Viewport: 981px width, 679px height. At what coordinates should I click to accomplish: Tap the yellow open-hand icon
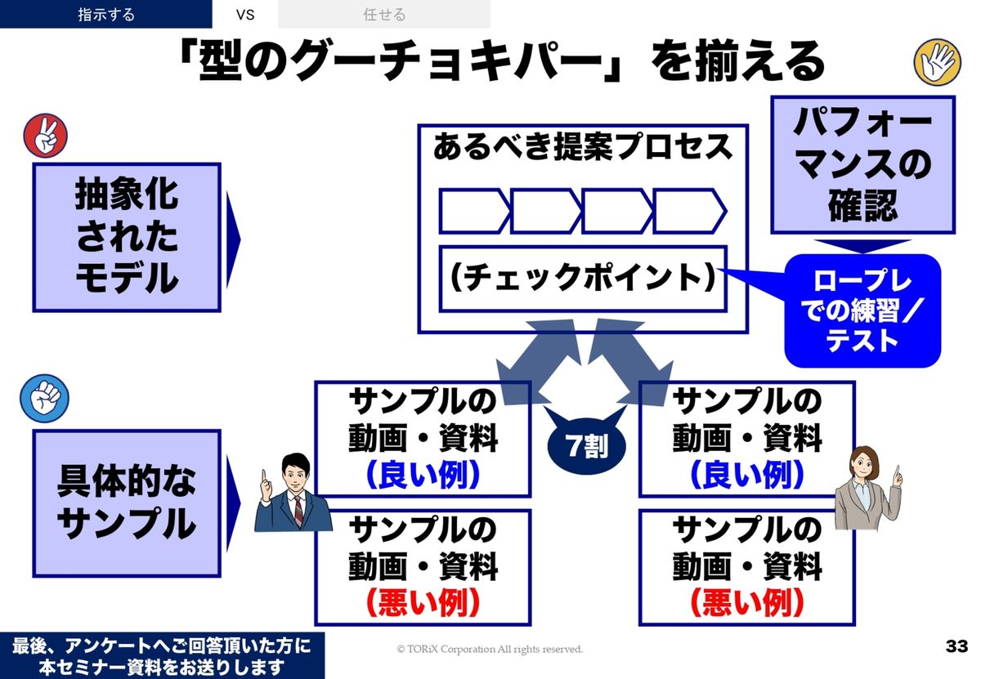pos(937,62)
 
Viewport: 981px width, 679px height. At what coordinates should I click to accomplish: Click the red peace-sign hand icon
pos(47,135)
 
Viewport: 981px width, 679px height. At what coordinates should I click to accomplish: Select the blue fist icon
pos(46,398)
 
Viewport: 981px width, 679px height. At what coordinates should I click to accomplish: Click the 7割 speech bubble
pos(585,446)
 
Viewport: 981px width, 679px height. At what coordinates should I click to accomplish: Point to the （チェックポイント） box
pos(582,279)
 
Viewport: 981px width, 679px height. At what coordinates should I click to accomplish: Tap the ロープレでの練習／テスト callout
pos(862,310)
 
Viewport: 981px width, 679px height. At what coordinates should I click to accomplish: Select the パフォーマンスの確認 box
pos(862,165)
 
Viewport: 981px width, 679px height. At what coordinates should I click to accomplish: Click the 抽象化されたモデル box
pos(127,237)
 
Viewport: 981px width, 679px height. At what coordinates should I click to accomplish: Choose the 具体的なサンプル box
pos(127,503)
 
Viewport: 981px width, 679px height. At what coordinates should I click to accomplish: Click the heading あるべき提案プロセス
pos(582,147)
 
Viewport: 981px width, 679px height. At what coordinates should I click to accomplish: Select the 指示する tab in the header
pos(106,14)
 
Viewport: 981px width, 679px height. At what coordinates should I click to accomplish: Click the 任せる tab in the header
pos(384,14)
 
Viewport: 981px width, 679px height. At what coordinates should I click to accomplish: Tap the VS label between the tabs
pos(245,14)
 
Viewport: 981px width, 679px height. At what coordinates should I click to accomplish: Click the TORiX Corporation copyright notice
pos(490,649)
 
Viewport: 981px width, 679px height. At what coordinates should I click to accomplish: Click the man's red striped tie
pos(298,511)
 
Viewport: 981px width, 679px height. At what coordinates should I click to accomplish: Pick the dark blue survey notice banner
pos(162,655)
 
